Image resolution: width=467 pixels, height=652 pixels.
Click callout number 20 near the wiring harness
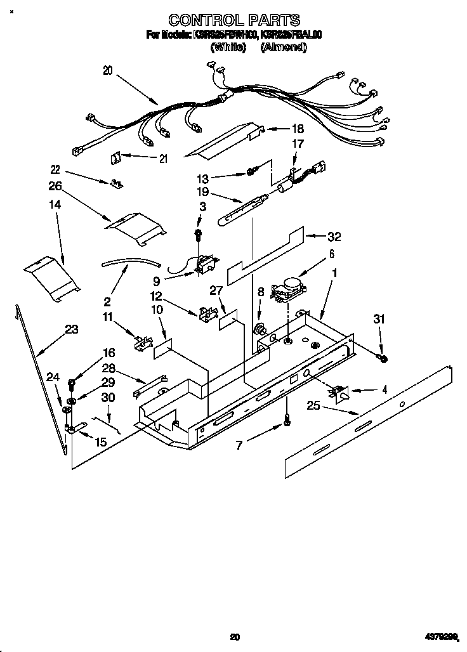pyautogui.click(x=107, y=71)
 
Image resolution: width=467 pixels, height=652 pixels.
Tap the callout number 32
pyautogui.click(x=334, y=237)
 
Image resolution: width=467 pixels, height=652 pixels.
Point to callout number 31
pyautogui.click(x=380, y=319)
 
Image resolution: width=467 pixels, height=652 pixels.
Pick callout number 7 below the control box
pyautogui.click(x=239, y=445)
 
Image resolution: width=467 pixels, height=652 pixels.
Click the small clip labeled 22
pyautogui.click(x=116, y=183)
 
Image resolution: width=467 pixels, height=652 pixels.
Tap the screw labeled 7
pyautogui.click(x=286, y=419)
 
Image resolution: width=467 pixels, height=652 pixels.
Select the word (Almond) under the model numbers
pyautogui.click(x=284, y=48)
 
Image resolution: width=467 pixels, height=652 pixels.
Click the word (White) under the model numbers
pyautogui.click(x=228, y=48)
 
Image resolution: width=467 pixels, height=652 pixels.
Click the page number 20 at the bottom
pyautogui.click(x=235, y=637)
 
